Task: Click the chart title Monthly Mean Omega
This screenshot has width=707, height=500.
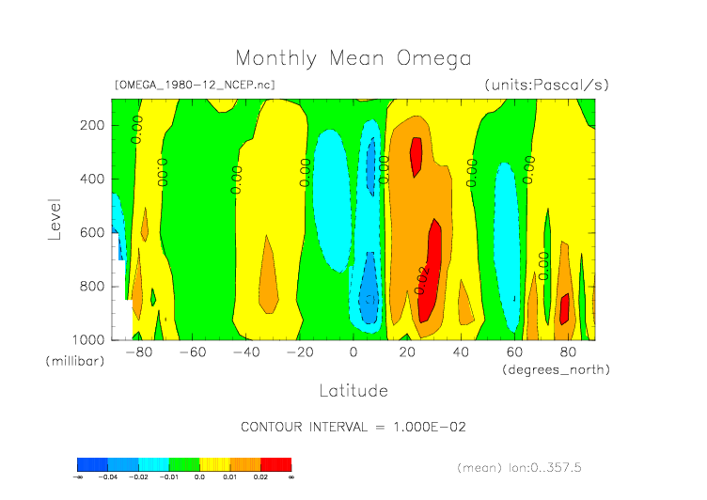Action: point(353,58)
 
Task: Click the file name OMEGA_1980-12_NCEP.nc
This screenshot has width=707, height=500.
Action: point(195,85)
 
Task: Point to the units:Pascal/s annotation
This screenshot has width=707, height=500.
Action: point(547,85)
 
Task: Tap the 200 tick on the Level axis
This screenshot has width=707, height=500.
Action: point(91,125)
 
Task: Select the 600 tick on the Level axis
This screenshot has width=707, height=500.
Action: point(91,232)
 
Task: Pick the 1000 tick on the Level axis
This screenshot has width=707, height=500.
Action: point(87,339)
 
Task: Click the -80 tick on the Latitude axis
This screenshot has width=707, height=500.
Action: point(138,352)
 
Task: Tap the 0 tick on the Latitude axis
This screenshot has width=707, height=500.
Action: point(353,352)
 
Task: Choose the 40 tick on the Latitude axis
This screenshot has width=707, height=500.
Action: point(461,352)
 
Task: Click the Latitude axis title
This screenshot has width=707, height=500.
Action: point(353,390)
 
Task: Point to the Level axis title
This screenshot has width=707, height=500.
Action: point(55,218)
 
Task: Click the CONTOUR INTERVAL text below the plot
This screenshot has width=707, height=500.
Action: point(353,427)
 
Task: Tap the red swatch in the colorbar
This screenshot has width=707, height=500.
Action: point(276,464)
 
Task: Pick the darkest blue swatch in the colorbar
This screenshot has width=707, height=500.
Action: point(92,464)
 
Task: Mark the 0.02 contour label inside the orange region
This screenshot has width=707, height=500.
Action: point(422,279)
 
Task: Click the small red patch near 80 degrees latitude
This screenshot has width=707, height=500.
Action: point(565,308)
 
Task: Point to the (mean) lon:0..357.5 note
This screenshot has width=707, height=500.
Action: point(532,467)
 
